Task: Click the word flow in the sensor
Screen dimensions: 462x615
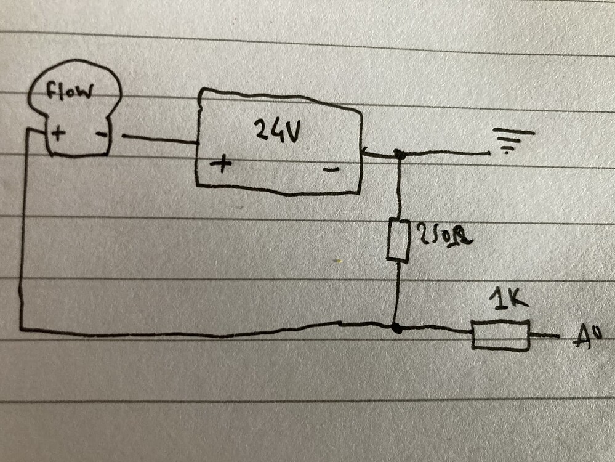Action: (70, 92)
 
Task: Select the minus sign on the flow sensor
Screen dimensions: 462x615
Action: (100, 132)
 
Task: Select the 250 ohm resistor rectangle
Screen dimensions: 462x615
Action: (398, 240)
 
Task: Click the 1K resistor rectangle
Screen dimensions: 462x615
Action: (500, 335)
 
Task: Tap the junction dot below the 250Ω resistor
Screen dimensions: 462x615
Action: (398, 328)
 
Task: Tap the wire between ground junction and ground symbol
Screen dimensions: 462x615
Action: (443, 153)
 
